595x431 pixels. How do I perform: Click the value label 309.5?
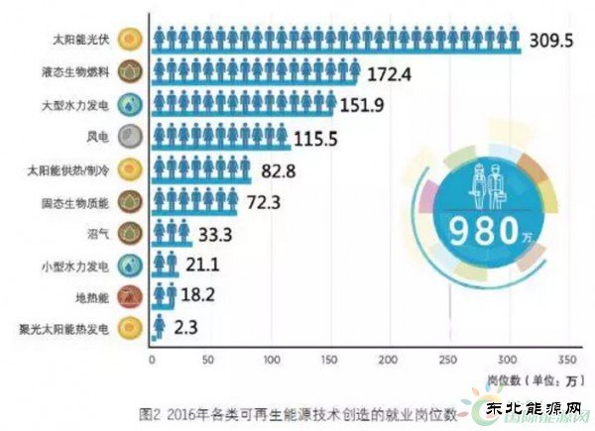coord(553,42)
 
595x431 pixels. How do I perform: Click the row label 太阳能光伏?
coord(82,41)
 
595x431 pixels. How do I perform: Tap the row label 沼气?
coord(99,233)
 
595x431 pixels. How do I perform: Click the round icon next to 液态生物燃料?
coord(128,72)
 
